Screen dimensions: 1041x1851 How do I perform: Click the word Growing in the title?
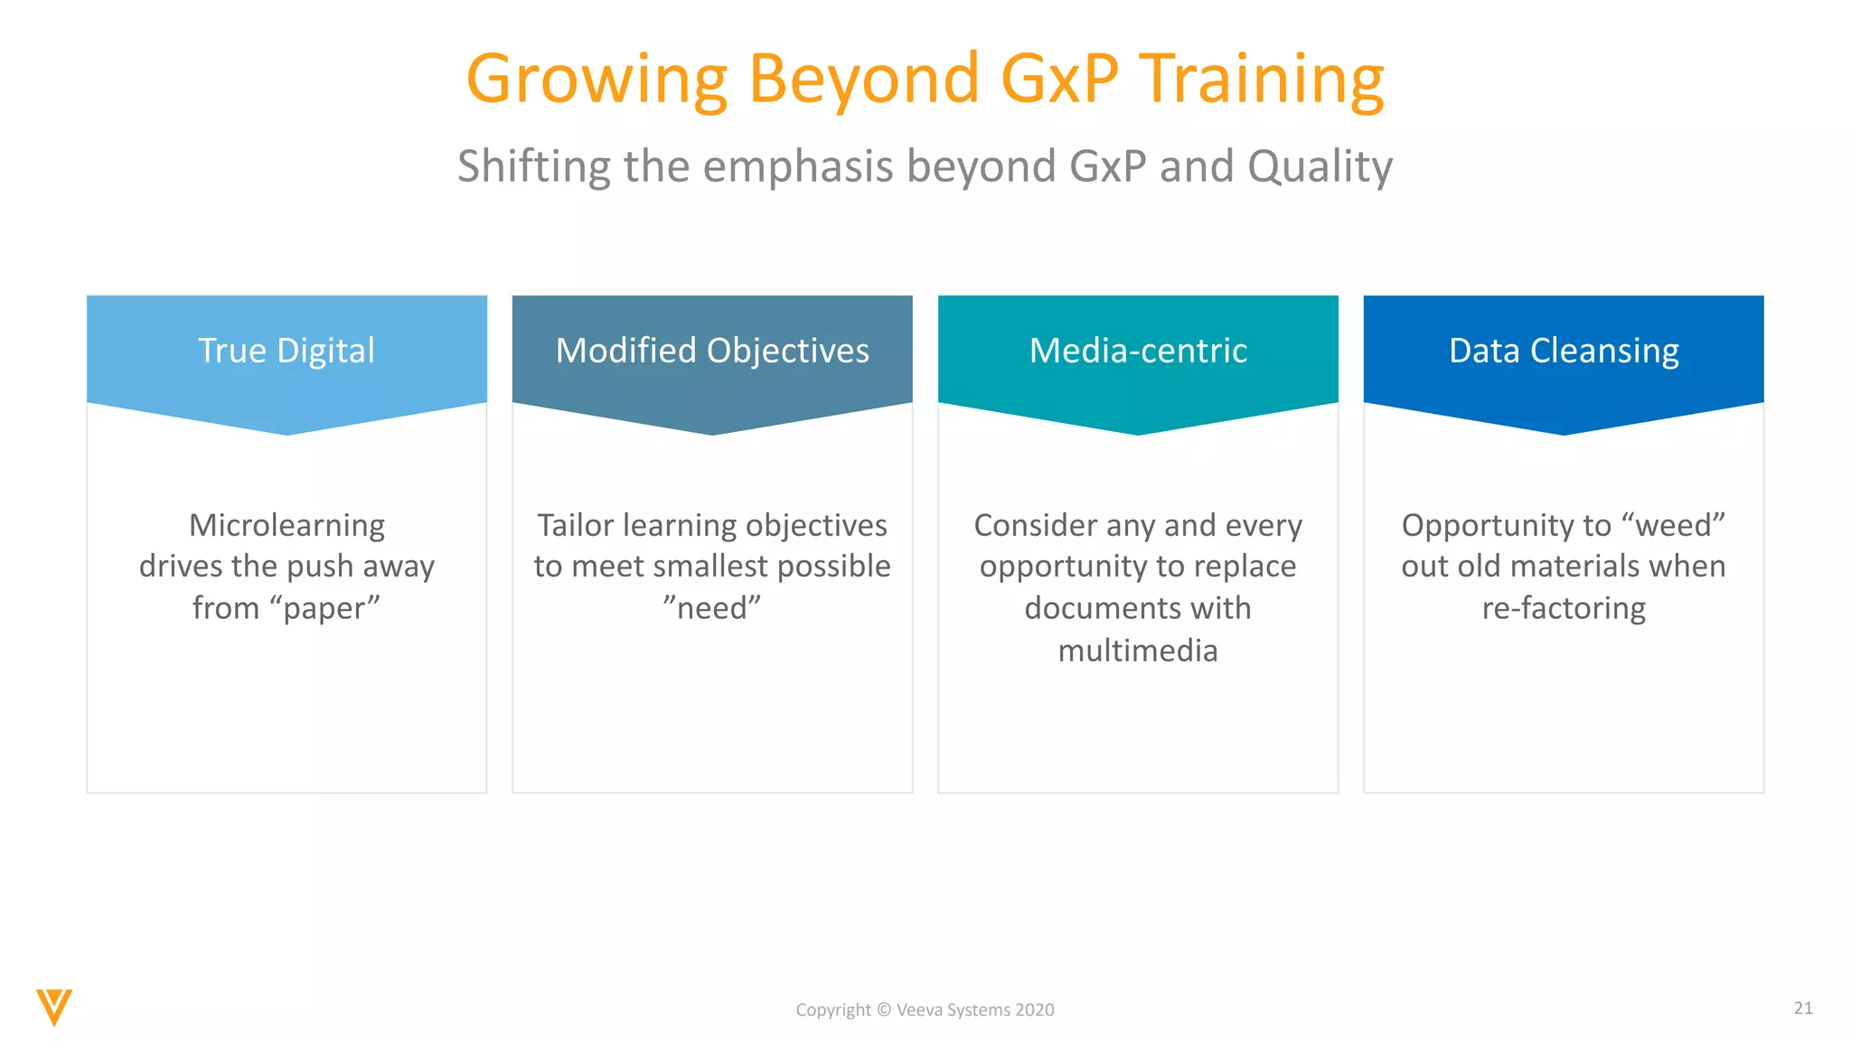pos(597,80)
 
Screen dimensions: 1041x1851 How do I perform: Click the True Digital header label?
pos(287,351)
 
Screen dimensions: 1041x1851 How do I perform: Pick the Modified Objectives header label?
pos(712,351)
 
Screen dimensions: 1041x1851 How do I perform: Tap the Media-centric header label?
pos(1138,351)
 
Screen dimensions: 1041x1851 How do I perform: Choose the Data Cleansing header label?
pos(1564,351)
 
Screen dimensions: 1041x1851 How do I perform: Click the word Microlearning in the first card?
pos(287,525)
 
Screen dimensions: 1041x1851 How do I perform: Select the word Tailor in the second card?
pos(576,525)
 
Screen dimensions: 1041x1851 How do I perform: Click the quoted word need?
pos(712,608)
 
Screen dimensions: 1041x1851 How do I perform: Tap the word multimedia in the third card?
pos(1138,651)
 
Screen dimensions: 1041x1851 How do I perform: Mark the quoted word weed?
pos(1674,525)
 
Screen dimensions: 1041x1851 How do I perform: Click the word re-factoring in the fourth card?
pos(1564,609)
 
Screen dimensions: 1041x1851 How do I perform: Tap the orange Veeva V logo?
pos(54,1007)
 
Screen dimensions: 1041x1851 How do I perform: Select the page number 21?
pos(1803,1008)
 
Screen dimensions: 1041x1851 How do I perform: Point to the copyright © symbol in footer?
pos(884,1010)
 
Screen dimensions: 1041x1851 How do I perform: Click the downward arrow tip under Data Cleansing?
pos(1564,432)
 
